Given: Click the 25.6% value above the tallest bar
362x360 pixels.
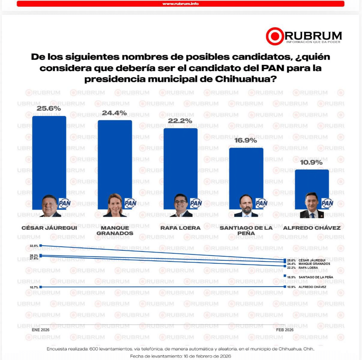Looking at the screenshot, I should pyautogui.click(x=49, y=108).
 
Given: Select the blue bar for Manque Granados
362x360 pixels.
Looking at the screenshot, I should pyautogui.click(x=115, y=156).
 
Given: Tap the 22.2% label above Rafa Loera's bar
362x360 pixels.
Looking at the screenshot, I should pyautogui.click(x=180, y=121).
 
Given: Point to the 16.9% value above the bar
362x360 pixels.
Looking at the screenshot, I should pyautogui.click(x=246, y=140).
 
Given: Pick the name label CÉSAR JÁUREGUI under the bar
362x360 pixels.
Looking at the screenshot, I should pyautogui.click(x=49, y=228).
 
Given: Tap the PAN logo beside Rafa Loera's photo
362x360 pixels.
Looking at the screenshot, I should pyautogui.click(x=196, y=203).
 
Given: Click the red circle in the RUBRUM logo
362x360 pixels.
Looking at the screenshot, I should pyautogui.click(x=275, y=36).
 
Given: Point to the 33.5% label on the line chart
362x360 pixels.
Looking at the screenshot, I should pyautogui.click(x=34, y=246).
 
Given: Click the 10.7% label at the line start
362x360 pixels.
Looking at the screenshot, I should pyautogui.click(x=34, y=287).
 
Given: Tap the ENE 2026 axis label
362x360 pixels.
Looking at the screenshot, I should pyautogui.click(x=41, y=330).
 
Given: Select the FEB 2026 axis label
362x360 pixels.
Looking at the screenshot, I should pyautogui.click(x=285, y=330).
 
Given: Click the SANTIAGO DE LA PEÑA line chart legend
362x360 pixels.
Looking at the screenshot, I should pyautogui.click(x=315, y=277).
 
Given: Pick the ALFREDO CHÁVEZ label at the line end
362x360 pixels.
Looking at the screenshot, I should pyautogui.click(x=312, y=287).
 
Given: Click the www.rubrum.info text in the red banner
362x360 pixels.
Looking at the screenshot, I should pyautogui.click(x=180, y=4).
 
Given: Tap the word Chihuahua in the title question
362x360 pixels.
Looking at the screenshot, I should pyautogui.click(x=246, y=79).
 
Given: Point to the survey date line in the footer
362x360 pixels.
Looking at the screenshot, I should pyautogui.click(x=180, y=356).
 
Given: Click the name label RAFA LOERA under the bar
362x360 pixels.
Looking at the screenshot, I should pyautogui.click(x=180, y=228).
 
